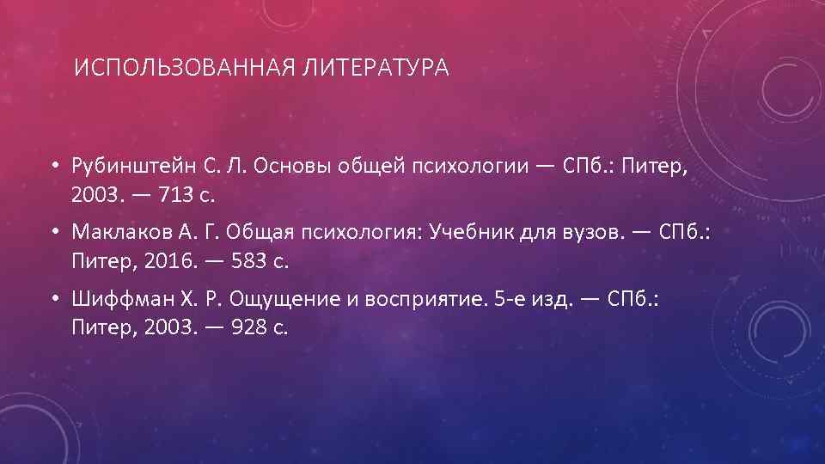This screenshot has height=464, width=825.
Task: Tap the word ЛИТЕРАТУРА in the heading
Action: tap(376, 68)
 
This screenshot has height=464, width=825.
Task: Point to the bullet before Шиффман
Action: tap(53, 297)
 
